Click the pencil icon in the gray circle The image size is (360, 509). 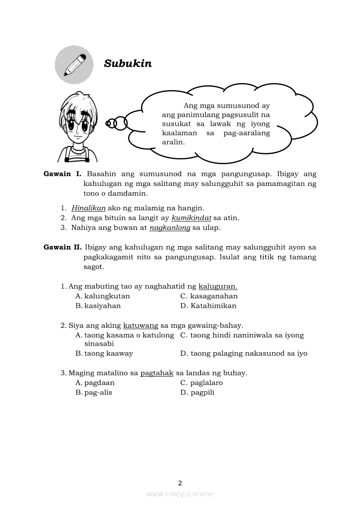point(74,65)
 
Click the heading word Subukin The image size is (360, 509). point(128,64)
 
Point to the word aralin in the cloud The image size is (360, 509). point(173,142)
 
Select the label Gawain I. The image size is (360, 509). point(62,174)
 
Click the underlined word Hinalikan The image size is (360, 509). point(88,208)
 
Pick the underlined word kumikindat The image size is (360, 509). point(191,218)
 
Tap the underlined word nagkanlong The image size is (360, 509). point(170,227)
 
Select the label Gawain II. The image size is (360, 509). point(63,247)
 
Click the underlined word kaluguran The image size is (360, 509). point(218,286)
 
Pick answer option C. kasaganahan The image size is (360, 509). point(209,296)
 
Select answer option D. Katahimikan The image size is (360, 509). point(209,306)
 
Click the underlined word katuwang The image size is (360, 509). point(141,325)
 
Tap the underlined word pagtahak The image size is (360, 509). point(157,373)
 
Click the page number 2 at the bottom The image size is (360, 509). point(180,483)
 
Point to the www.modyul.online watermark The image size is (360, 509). point(180,494)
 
